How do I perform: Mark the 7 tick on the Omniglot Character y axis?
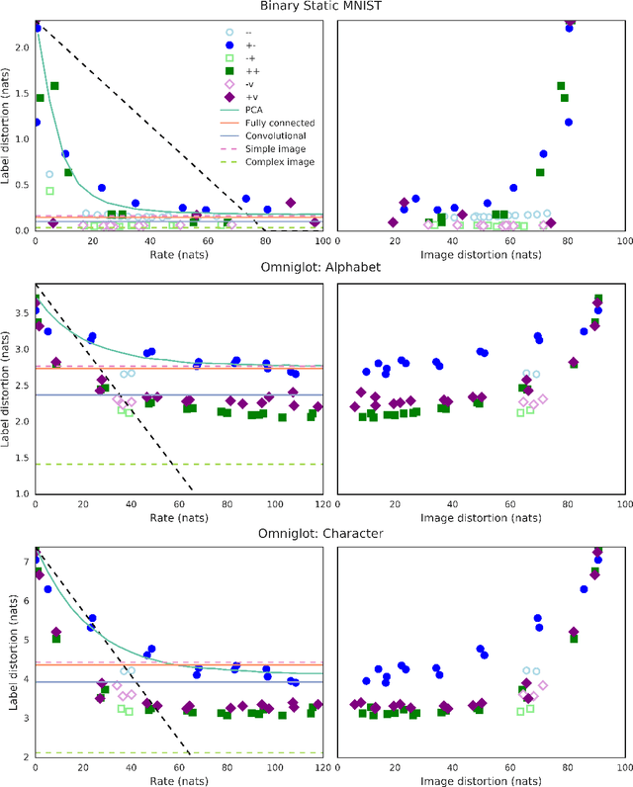click(x=26, y=562)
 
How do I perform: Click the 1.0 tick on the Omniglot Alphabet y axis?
click(x=21, y=493)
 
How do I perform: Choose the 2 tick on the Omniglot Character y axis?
click(x=26, y=756)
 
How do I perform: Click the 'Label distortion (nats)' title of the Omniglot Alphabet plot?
click(x=7, y=391)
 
